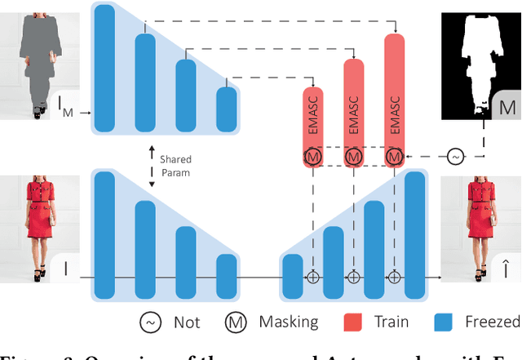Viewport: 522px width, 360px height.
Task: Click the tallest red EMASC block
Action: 395,90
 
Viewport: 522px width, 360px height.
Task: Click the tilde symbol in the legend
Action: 149,321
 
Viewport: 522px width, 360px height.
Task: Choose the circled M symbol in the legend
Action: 237,321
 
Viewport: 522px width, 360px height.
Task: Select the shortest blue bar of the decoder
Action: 292,276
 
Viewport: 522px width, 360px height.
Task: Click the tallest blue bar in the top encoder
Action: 104,64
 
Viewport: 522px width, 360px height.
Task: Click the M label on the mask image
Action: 507,108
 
